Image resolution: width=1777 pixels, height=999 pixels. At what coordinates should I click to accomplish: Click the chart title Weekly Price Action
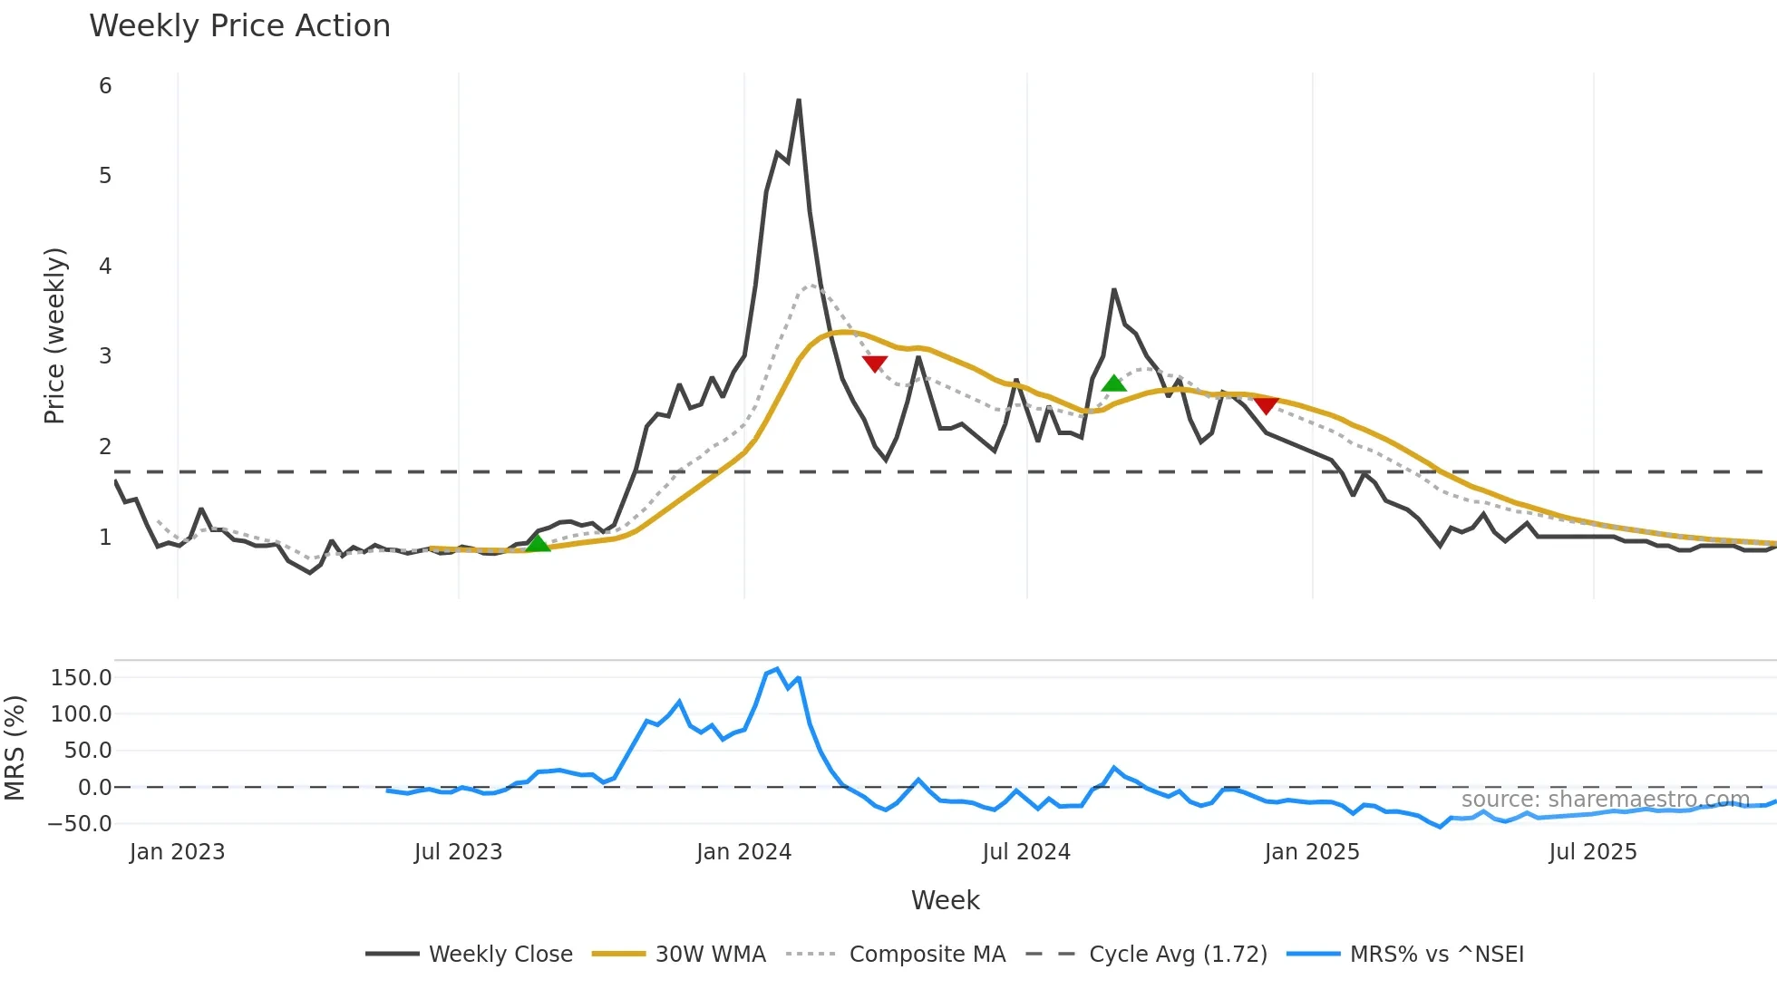point(239,26)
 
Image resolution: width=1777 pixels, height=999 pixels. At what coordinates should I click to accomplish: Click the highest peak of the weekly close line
point(798,101)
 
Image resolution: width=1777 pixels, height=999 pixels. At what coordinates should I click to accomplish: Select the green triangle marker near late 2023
point(538,543)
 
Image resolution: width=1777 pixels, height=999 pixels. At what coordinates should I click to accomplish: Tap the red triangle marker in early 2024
point(875,364)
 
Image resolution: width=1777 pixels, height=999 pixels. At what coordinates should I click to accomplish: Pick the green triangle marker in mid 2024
point(1113,383)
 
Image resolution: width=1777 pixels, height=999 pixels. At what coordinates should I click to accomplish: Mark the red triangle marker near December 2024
point(1266,405)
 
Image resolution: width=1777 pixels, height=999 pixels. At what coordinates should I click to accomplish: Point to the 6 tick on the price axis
point(105,86)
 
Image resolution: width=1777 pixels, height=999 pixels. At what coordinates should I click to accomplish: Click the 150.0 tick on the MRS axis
point(82,678)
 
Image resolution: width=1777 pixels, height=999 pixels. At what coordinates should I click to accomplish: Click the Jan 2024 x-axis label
point(743,852)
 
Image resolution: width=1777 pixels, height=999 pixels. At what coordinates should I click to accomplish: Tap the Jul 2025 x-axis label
point(1592,852)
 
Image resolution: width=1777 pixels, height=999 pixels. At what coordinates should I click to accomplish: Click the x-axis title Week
point(945,900)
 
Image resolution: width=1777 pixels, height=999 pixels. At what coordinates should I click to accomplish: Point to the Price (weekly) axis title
point(54,335)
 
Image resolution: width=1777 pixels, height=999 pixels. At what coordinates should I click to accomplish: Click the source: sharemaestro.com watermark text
point(1605,800)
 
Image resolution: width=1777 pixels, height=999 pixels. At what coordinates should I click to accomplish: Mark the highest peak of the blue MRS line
point(777,669)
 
